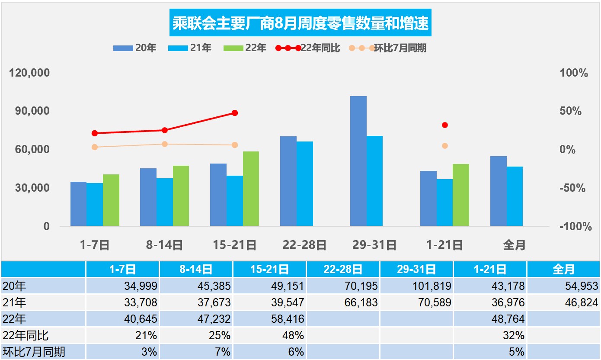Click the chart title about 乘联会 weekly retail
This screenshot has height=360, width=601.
pyautogui.click(x=300, y=23)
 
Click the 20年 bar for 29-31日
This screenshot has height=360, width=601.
pyautogui.click(x=358, y=161)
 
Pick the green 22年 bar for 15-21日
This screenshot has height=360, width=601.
pyautogui.click(x=251, y=189)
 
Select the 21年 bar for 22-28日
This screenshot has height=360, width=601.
pyautogui.click(x=305, y=183)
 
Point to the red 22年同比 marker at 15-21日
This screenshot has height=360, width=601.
pyautogui.click(x=235, y=113)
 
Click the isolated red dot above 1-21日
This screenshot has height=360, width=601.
pyautogui.click(x=445, y=125)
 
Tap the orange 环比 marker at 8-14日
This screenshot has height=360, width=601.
pyautogui.click(x=165, y=144)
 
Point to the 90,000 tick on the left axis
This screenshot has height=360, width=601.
pyautogui.click(x=30, y=111)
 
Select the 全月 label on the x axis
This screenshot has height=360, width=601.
pyautogui.click(x=514, y=245)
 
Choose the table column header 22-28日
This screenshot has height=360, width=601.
pyautogui.click(x=343, y=270)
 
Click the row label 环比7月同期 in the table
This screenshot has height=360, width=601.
pyautogui.click(x=34, y=352)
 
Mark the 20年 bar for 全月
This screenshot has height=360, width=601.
pyautogui.click(x=498, y=191)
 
